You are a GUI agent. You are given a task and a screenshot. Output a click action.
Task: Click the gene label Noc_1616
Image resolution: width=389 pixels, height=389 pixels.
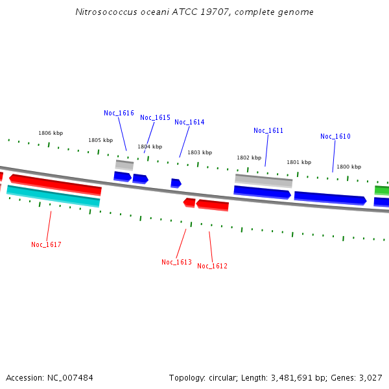click(x=119, y=113)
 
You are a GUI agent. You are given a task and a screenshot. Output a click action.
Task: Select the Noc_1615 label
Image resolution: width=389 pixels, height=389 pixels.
click(x=155, y=118)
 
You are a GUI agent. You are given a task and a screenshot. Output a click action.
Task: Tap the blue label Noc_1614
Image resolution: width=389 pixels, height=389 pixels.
click(x=189, y=123)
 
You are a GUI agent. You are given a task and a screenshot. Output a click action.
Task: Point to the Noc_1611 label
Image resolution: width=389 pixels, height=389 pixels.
click(x=268, y=131)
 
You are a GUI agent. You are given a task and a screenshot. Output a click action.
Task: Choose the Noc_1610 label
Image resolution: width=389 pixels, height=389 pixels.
click(x=335, y=137)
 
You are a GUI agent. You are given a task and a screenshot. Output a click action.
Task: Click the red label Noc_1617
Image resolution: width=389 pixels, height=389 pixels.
click(x=46, y=245)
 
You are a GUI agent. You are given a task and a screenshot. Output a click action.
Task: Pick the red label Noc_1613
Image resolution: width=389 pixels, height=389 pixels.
click(x=176, y=263)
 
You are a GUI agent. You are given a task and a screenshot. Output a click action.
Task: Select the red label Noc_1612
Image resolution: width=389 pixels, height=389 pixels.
click(x=212, y=266)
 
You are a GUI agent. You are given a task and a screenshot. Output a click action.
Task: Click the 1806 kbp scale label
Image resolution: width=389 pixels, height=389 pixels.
click(x=51, y=134)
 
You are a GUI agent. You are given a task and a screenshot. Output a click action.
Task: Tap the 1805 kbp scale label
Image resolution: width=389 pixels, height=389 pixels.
click(x=100, y=141)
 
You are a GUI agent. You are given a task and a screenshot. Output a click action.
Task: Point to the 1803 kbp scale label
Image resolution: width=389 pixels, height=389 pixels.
click(x=200, y=153)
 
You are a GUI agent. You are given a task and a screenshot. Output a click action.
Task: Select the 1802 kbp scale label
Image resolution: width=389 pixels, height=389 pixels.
click(x=248, y=158)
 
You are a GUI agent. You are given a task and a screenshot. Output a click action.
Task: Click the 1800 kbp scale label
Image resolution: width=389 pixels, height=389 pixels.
click(x=348, y=167)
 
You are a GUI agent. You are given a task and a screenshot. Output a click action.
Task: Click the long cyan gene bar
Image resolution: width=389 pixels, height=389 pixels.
click(x=53, y=196)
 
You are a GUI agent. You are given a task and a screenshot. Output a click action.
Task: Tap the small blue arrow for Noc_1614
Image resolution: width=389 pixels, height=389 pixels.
click(x=176, y=183)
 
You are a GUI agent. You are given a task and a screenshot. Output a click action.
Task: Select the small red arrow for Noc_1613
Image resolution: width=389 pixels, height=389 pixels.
click(x=189, y=203)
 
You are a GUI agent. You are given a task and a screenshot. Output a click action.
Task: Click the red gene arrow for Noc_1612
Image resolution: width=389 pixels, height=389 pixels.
click(x=213, y=206)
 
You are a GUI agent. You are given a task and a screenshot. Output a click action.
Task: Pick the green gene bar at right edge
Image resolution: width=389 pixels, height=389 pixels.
click(x=382, y=191)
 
